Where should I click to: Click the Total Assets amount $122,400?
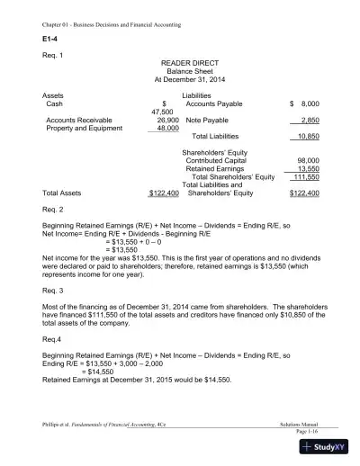(164, 193)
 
